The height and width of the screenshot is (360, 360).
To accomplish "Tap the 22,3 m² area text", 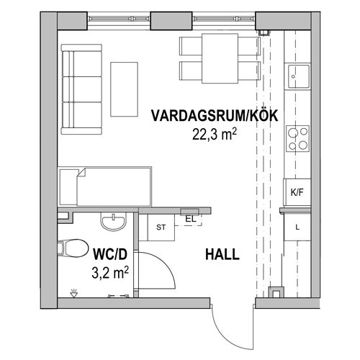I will [214, 133].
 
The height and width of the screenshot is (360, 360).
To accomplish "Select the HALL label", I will [222, 255].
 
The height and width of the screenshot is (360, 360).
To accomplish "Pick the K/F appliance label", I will [296, 192].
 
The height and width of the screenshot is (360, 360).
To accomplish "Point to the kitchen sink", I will [298, 74].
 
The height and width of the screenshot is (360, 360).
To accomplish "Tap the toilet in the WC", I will [71, 248].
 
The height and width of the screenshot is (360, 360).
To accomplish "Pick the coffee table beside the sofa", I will [125, 89].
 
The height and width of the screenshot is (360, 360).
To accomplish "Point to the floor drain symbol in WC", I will [71, 292].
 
